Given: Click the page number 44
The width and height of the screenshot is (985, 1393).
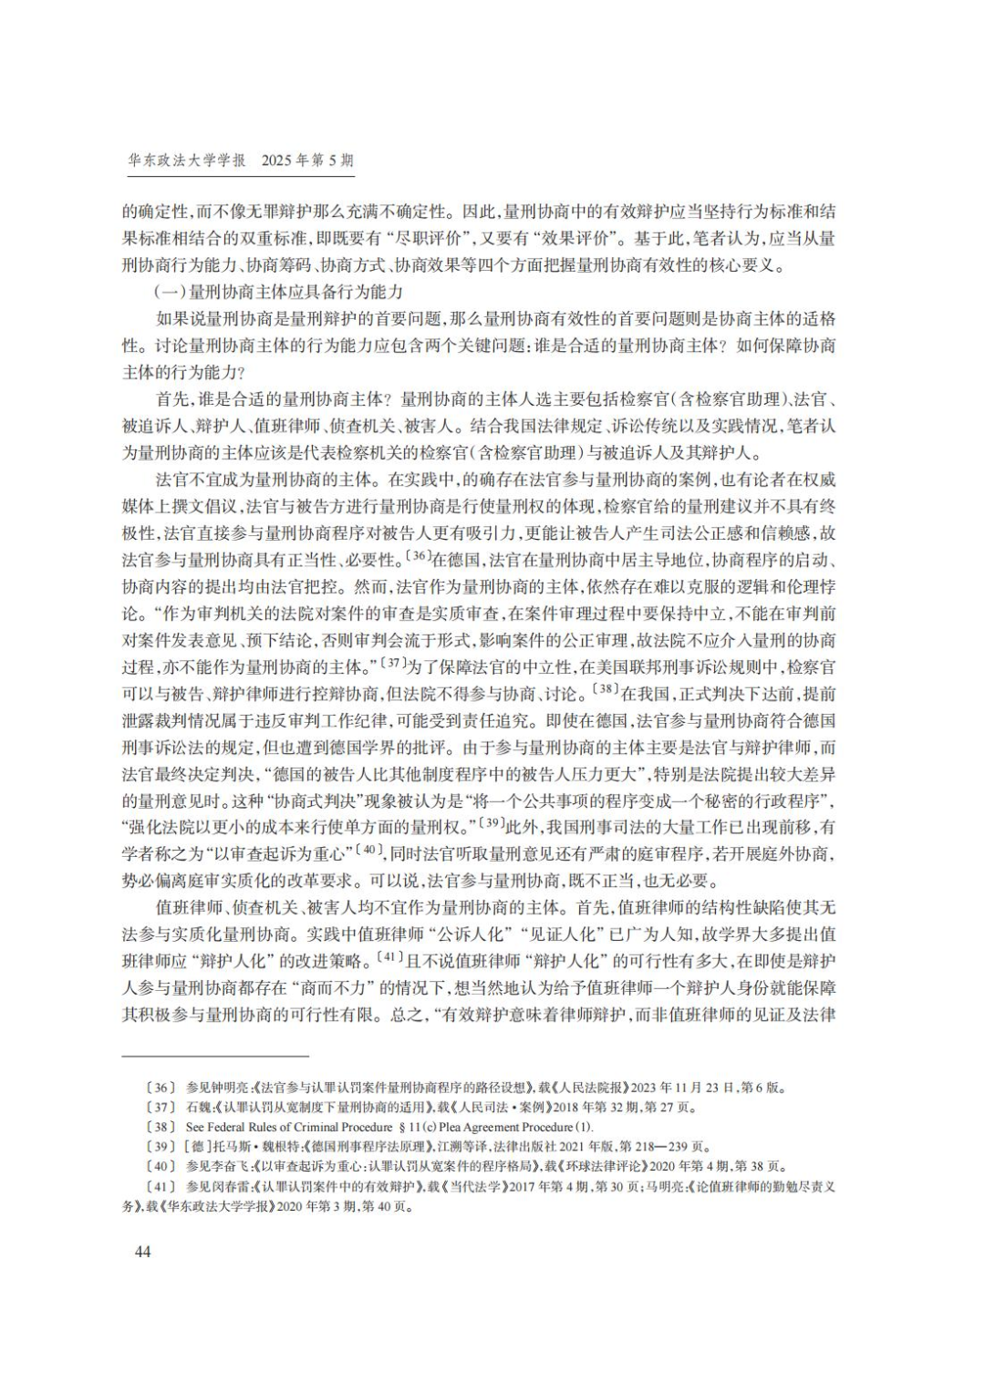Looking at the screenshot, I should coord(142,1251).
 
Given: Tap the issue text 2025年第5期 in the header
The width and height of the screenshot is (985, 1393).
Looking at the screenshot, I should coord(307,160).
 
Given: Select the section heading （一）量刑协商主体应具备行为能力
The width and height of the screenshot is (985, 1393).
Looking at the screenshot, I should coord(279,293).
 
